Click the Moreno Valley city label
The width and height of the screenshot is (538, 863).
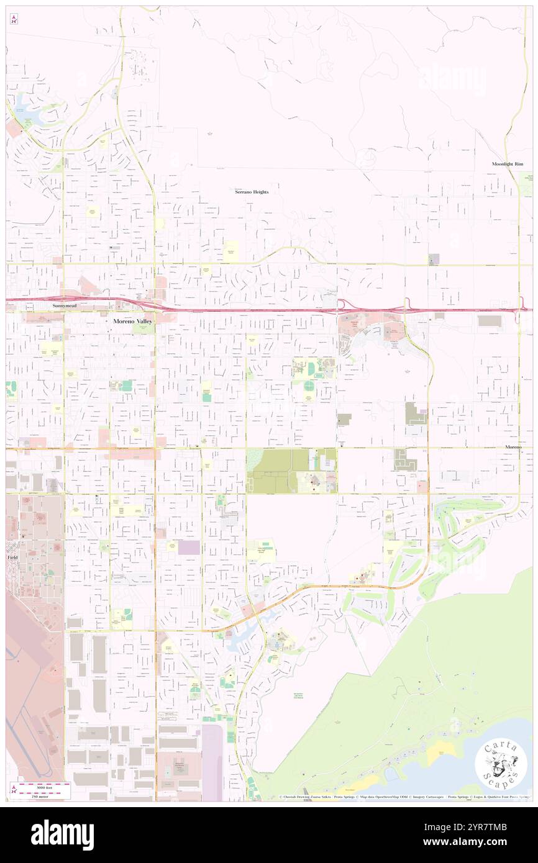[x=132, y=321]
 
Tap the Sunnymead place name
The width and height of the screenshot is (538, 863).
[x=65, y=307]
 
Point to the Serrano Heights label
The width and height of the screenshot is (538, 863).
[x=252, y=192]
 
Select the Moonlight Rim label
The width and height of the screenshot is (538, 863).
[x=508, y=163]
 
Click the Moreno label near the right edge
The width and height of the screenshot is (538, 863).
[x=513, y=447]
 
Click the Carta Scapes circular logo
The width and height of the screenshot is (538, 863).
[x=499, y=764]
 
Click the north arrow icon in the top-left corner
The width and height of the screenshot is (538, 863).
[x=14, y=19]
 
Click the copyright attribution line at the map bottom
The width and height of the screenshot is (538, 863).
[x=404, y=797]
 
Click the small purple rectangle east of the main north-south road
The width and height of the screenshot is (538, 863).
[x=189, y=547]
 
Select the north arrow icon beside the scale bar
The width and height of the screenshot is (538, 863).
[x=14, y=790]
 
